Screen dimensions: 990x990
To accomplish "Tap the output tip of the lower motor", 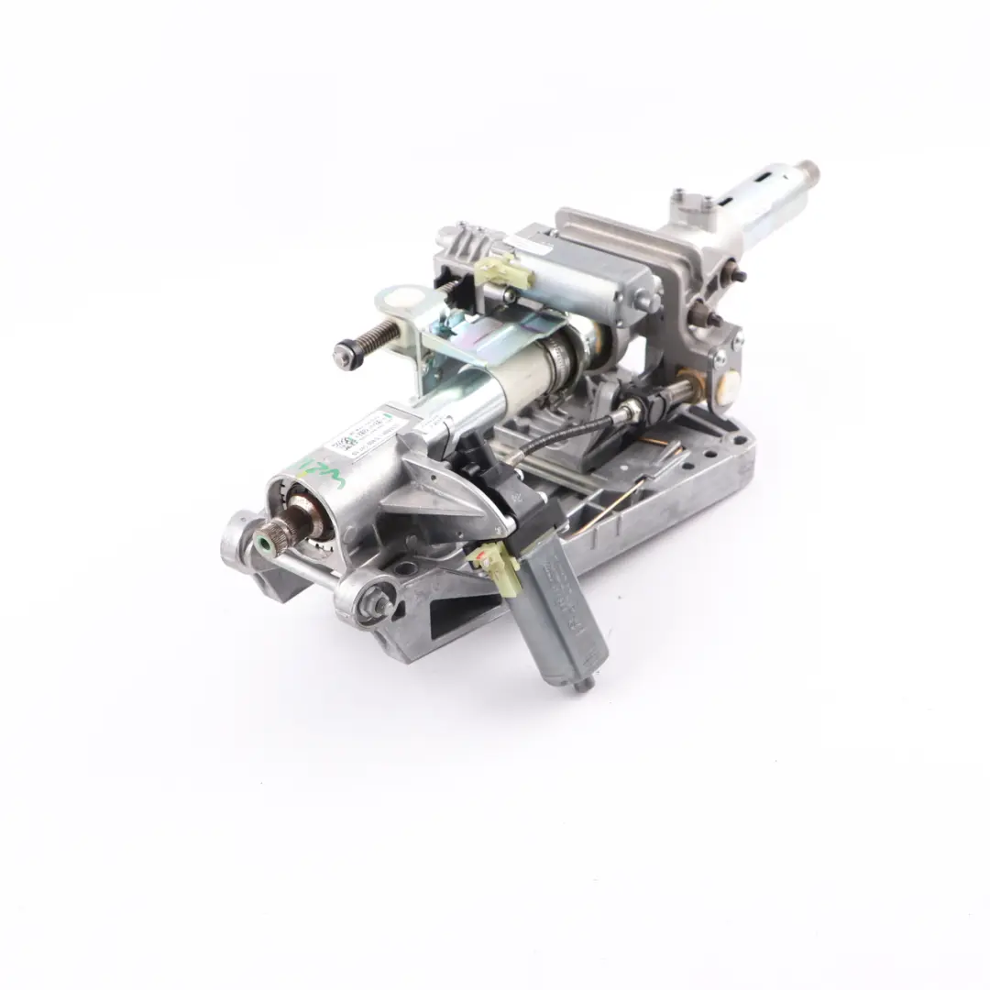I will pyautogui.click(x=583, y=684).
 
